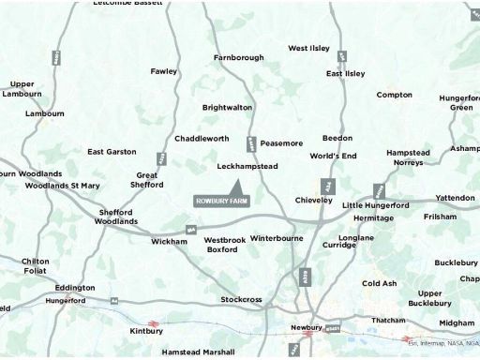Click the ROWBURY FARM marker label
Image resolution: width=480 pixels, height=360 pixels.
point(222,201)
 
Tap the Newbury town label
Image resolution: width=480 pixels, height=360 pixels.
point(307,327)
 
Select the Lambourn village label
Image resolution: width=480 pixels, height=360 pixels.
point(45,113)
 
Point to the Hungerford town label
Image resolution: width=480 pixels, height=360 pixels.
point(64,301)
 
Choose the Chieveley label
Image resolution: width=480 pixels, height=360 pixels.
point(314,200)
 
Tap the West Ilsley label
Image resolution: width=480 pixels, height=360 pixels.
point(309,48)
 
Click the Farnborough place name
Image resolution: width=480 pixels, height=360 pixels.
point(239,57)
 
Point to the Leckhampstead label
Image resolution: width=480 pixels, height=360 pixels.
point(247,166)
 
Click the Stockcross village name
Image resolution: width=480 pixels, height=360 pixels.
point(241,300)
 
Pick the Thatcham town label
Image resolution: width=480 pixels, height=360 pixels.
point(387,321)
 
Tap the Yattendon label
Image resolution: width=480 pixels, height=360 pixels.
point(455,198)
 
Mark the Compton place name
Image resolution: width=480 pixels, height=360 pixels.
point(394,95)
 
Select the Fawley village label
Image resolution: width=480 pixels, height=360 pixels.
point(163,71)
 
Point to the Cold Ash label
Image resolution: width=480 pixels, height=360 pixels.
point(380,283)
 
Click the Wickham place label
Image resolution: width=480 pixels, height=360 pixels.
point(169,241)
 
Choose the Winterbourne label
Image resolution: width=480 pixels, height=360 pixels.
point(277,238)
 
